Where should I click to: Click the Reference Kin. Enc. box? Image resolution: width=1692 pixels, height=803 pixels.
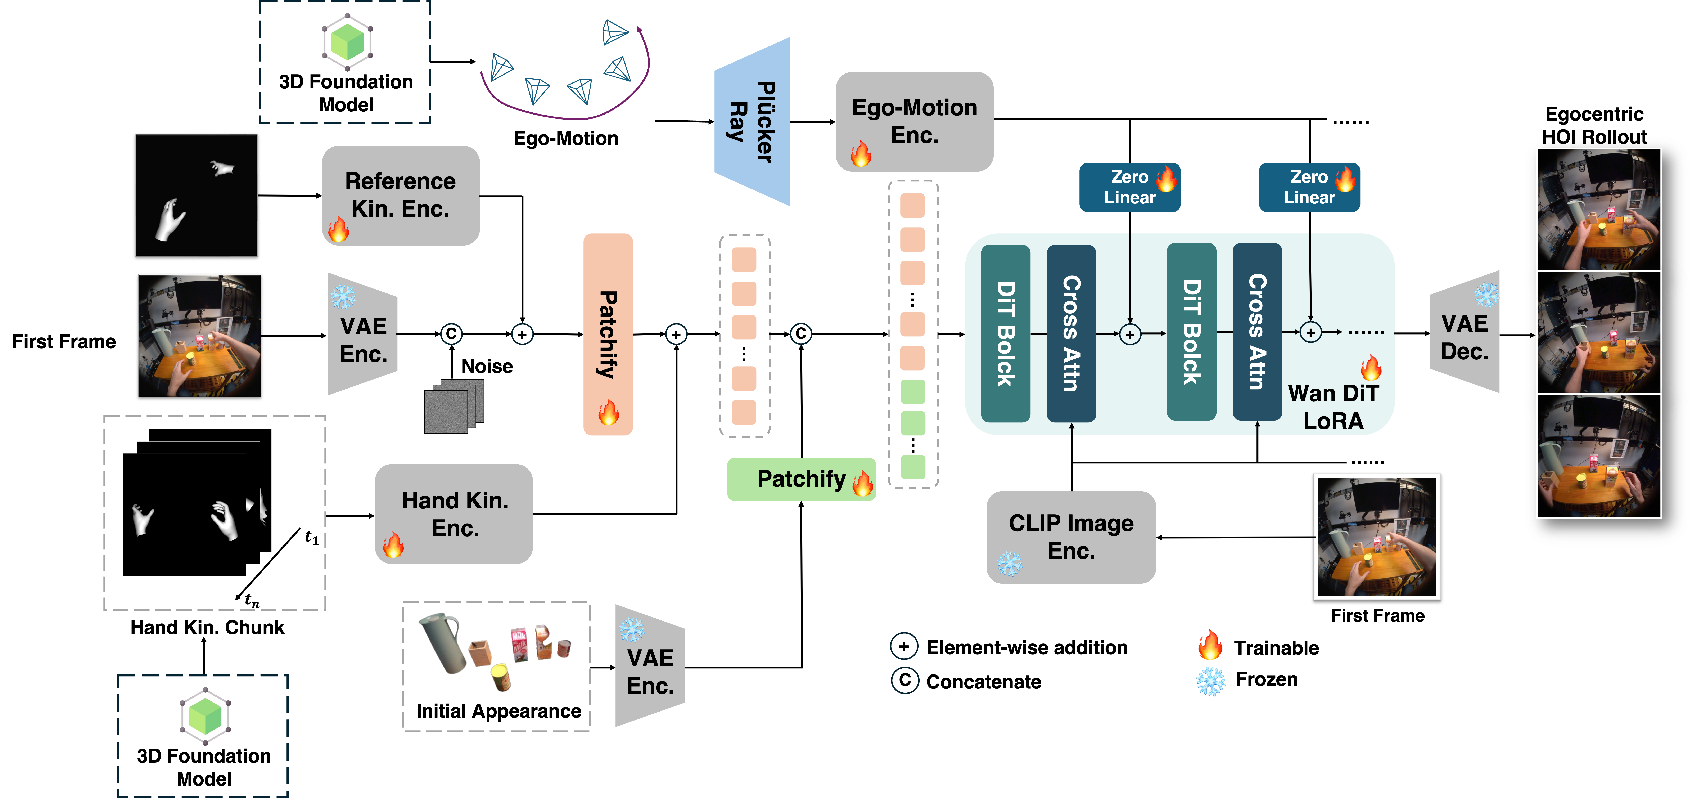(401, 195)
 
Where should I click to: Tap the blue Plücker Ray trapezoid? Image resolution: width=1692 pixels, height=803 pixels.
(753, 122)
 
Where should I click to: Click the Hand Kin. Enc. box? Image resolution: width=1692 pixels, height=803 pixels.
(454, 514)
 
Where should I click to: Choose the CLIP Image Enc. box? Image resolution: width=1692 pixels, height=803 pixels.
(1071, 537)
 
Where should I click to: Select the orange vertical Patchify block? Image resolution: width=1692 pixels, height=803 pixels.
(608, 334)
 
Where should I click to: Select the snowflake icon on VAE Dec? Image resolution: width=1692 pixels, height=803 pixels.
(1487, 295)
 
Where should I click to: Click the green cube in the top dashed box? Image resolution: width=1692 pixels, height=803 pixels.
(347, 43)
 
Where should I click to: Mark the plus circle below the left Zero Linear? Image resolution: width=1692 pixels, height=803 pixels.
(1130, 335)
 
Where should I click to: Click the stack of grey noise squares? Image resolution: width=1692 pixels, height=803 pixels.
(453, 406)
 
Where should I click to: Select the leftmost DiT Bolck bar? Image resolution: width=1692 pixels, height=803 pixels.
(1005, 333)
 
